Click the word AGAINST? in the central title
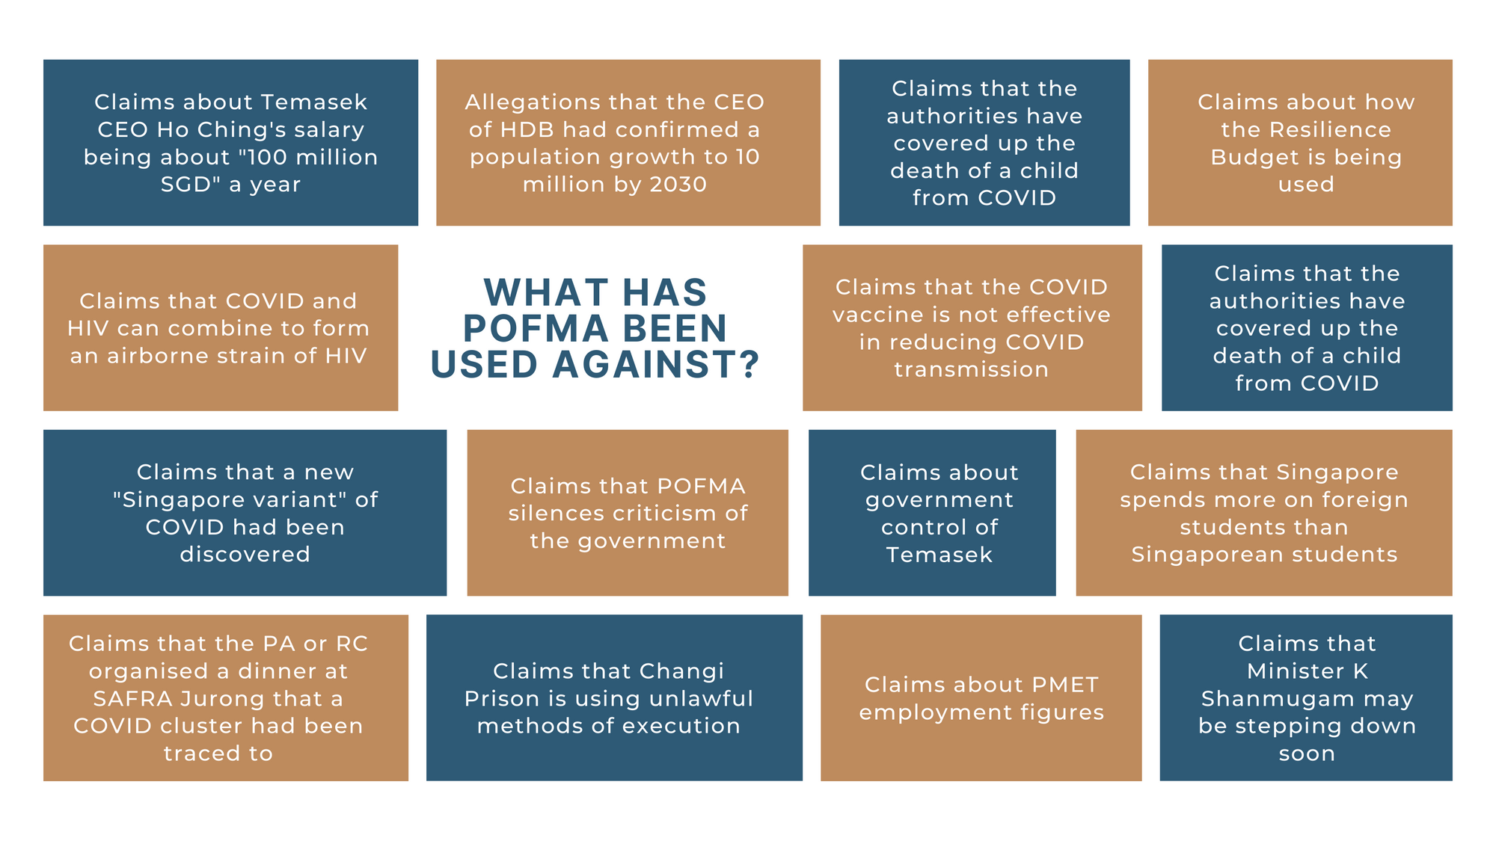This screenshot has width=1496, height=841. point(656,365)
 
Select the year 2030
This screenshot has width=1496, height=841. point(678,185)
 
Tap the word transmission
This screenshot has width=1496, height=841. point(971,369)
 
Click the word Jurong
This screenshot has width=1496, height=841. point(220,699)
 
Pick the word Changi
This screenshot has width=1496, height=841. point(684,671)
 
